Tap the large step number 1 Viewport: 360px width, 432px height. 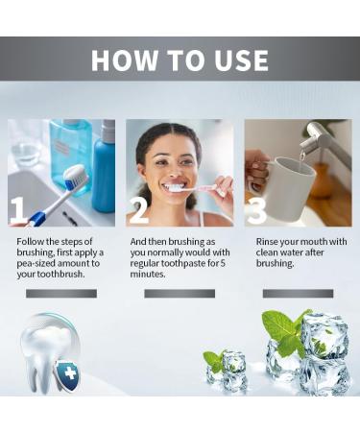coord(18,210)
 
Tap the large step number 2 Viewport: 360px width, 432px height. coord(137,210)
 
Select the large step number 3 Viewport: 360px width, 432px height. coord(255,210)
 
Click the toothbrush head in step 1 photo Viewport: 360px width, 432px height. coord(75,177)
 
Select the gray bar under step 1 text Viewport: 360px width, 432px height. coord(61,293)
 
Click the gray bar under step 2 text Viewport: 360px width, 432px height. coord(180,293)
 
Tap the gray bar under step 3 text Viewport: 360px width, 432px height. coord(298,293)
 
